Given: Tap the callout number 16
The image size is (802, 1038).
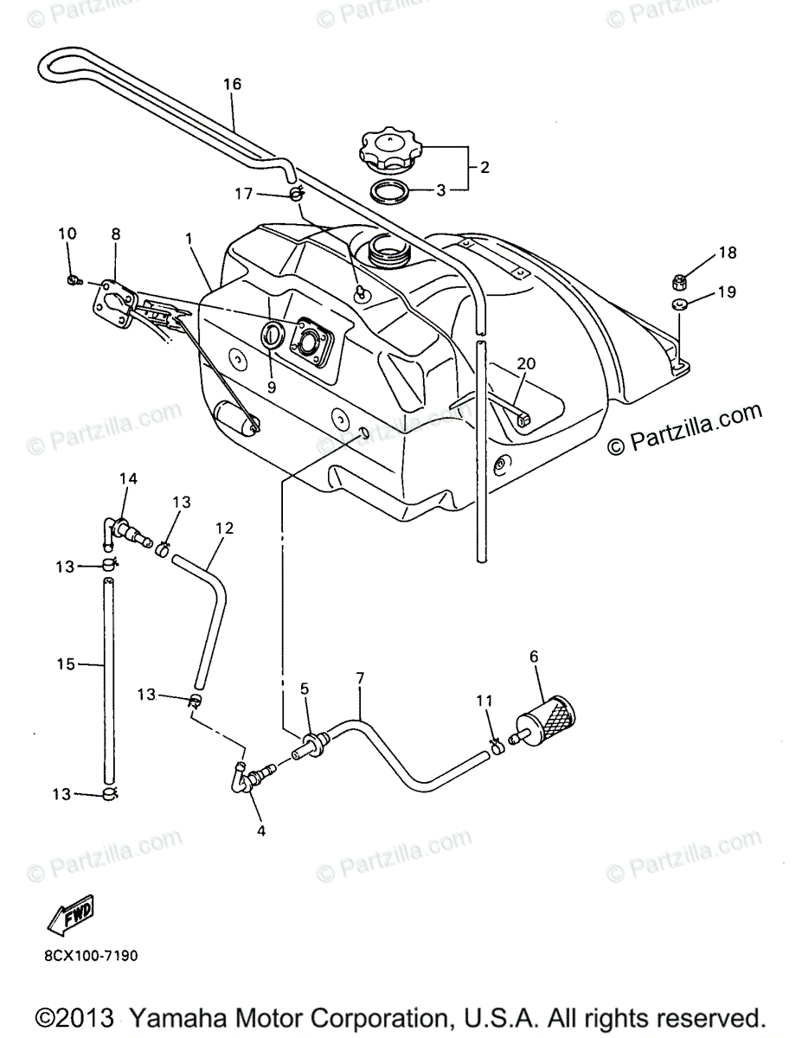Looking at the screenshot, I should coord(232,84).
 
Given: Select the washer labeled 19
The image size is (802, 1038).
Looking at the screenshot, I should coord(678,304).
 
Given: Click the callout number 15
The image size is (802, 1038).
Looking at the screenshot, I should coord(66,664).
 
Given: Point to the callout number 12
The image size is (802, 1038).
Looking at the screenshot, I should coord(224,527).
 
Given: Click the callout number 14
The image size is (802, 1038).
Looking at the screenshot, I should coord(129,478).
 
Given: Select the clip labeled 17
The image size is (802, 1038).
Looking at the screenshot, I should coord(295,193).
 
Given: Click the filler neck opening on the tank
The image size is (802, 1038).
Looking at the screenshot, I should coord(386,251).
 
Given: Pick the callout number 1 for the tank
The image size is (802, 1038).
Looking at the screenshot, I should coord(189,235).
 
